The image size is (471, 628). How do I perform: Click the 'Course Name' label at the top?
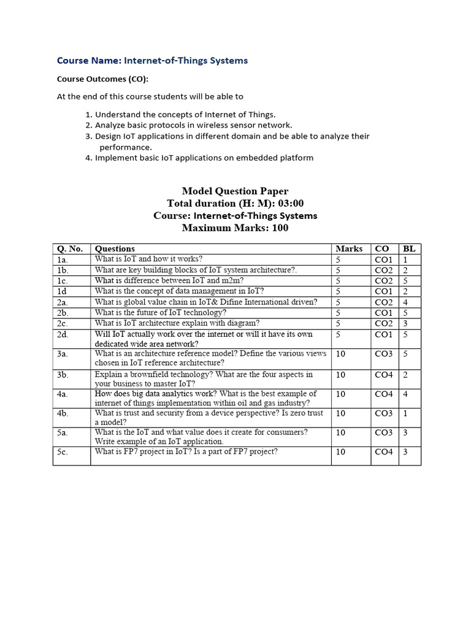coord(89,60)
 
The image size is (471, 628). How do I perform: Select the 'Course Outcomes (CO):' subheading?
coord(102,78)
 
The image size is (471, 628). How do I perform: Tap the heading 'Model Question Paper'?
coord(235,191)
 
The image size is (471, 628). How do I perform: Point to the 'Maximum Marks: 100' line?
coord(235,228)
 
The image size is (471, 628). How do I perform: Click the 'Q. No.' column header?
coord(69,248)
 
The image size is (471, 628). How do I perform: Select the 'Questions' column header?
coord(115,248)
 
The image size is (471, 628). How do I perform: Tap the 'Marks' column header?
coord(349,248)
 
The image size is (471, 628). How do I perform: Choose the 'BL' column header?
coord(408,248)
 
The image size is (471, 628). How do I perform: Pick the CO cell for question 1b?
coord(383,270)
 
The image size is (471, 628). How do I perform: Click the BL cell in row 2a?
coord(405,302)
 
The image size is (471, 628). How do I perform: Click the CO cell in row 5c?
coord(383,452)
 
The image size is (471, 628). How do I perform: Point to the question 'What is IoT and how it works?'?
coord(148,259)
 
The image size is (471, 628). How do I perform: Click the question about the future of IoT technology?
coord(161,312)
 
